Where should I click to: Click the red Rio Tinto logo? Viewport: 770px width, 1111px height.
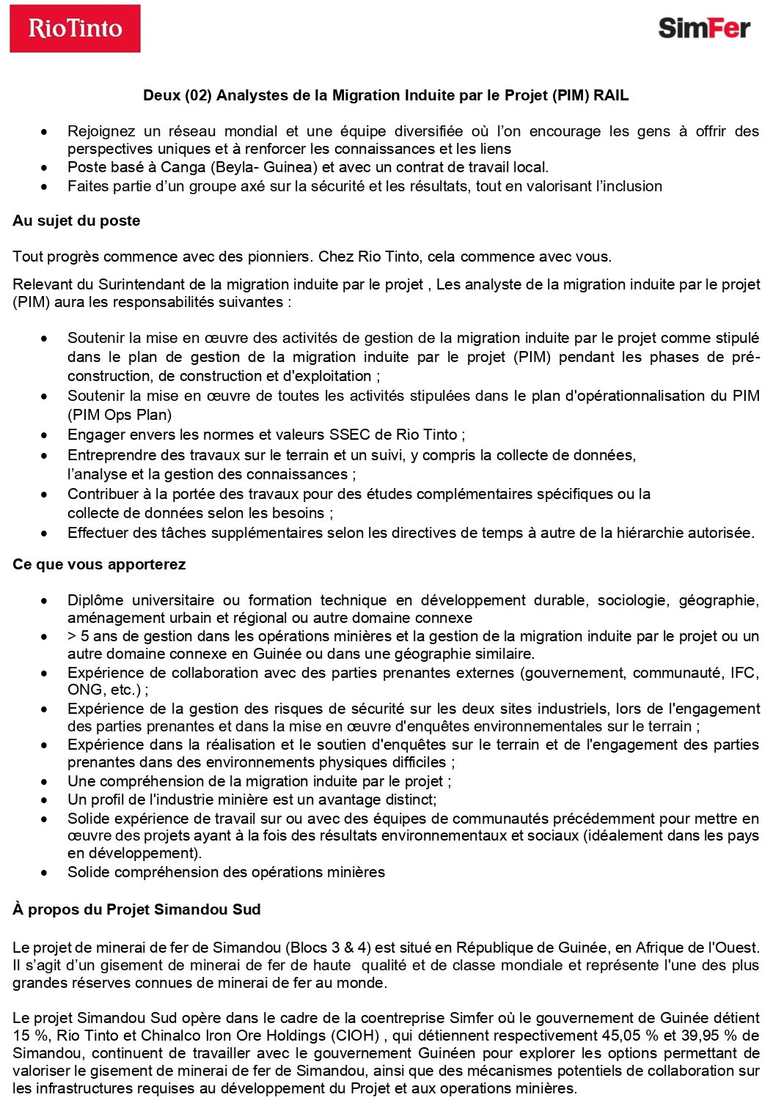(75, 29)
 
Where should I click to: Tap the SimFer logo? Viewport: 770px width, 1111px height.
(704, 28)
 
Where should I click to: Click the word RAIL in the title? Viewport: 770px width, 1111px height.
(611, 95)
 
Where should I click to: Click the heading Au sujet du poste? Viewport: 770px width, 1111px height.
(76, 221)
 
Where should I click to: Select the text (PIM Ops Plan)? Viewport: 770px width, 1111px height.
(120, 415)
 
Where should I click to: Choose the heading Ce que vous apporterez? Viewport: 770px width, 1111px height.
(99, 564)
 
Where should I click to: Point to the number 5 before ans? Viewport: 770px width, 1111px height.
(85, 636)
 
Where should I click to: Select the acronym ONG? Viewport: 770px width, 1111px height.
(83, 690)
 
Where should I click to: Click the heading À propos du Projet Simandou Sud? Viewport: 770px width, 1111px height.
(136, 909)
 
